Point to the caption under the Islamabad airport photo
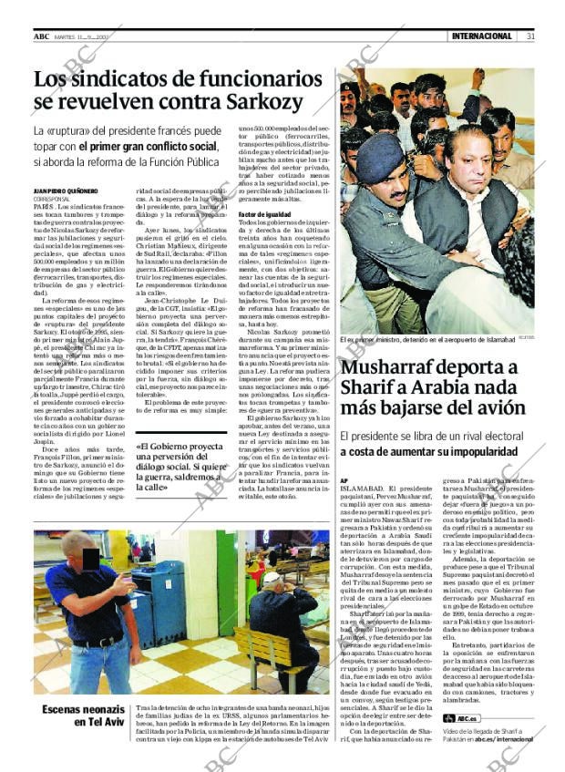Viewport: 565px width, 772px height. [x=427, y=340]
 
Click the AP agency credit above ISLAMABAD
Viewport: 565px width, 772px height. [x=344, y=479]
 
